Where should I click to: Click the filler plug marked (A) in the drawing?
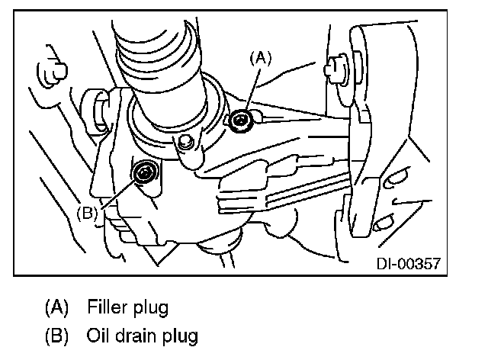pyautogui.click(x=240, y=121)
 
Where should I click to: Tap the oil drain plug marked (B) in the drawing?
pyautogui.click(x=145, y=172)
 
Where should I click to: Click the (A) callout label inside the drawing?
pyautogui.click(x=261, y=59)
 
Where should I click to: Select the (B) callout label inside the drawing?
pyautogui.click(x=87, y=214)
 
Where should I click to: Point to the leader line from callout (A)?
pyautogui.click(x=253, y=90)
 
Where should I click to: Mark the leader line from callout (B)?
pyautogui.click(x=117, y=194)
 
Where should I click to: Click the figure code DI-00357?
pyautogui.click(x=409, y=264)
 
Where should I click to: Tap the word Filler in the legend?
pyautogui.click(x=107, y=307)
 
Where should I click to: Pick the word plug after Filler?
pyautogui.click(x=151, y=308)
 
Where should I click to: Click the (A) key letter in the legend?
pyautogui.click(x=56, y=307)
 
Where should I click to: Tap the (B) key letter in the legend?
pyautogui.click(x=56, y=336)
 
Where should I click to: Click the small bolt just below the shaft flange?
pyautogui.click(x=185, y=141)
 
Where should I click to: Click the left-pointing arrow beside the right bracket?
pyautogui.click(x=412, y=202)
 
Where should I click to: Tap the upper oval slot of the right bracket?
pyautogui.click(x=395, y=179)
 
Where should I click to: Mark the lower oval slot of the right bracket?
pyautogui.click(x=384, y=223)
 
